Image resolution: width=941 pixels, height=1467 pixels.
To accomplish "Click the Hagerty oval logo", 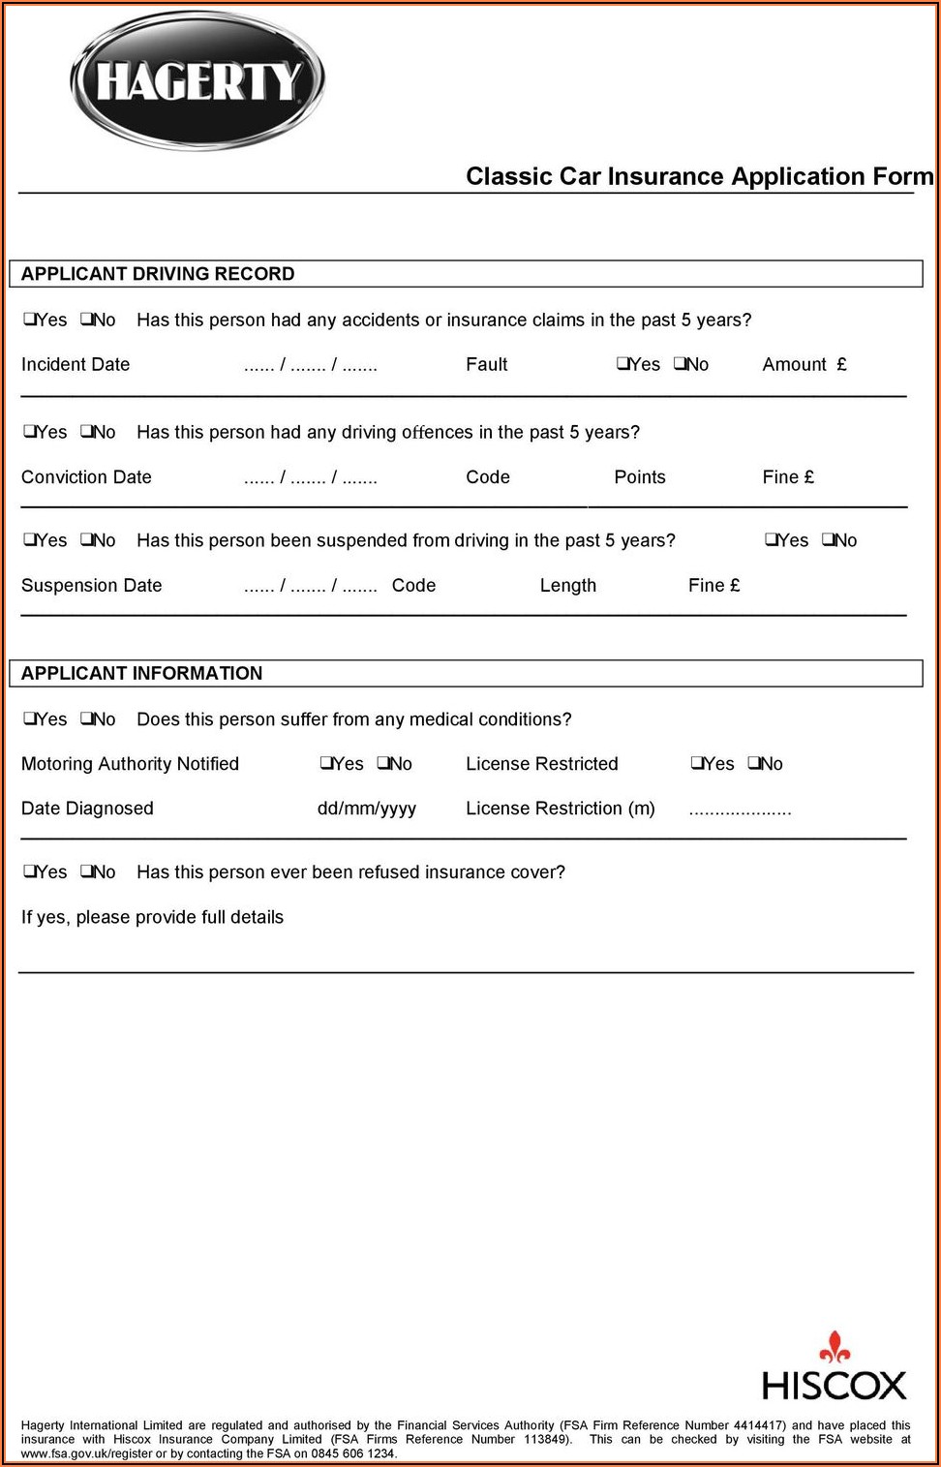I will pyautogui.click(x=197, y=80).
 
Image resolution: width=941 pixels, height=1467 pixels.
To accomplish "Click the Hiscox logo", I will pyautogui.click(x=834, y=1369).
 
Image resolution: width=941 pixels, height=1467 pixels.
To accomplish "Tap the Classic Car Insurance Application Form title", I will pyautogui.click(x=699, y=176).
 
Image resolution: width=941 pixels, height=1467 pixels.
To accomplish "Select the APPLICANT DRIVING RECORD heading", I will pyautogui.click(x=158, y=274).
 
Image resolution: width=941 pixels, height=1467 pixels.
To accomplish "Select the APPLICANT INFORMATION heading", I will pyautogui.click(x=141, y=673).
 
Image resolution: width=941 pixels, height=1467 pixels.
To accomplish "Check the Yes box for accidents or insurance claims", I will pyautogui.click(x=30, y=320).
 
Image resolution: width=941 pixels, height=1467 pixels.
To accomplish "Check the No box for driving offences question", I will pyautogui.click(x=86, y=432).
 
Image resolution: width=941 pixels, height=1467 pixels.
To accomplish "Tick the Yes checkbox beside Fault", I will pyautogui.click(x=622, y=364).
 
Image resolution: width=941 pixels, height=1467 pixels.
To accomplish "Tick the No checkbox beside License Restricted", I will pyautogui.click(x=753, y=763).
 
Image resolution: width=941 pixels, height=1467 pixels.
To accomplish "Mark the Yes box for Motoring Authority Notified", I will pyautogui.click(x=326, y=763).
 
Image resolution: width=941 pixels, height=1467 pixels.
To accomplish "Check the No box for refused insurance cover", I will pyautogui.click(x=86, y=871).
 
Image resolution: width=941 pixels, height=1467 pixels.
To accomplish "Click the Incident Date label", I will pyautogui.click(x=76, y=364).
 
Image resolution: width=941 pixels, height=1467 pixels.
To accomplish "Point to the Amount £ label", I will pyautogui.click(x=804, y=364).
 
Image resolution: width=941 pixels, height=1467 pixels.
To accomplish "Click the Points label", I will pyautogui.click(x=640, y=476).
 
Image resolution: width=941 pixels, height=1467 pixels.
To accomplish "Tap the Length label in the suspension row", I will pyautogui.click(x=568, y=585).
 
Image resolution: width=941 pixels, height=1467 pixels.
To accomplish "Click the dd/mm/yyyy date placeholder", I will pyautogui.click(x=367, y=809).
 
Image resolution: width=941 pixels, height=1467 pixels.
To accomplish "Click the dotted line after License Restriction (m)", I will pyautogui.click(x=740, y=810).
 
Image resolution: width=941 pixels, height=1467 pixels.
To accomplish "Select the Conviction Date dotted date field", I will pyautogui.click(x=310, y=477).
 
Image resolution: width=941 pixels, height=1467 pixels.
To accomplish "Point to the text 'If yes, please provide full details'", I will pyautogui.click(x=152, y=917).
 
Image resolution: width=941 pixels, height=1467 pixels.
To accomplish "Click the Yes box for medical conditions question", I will pyautogui.click(x=30, y=718).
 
